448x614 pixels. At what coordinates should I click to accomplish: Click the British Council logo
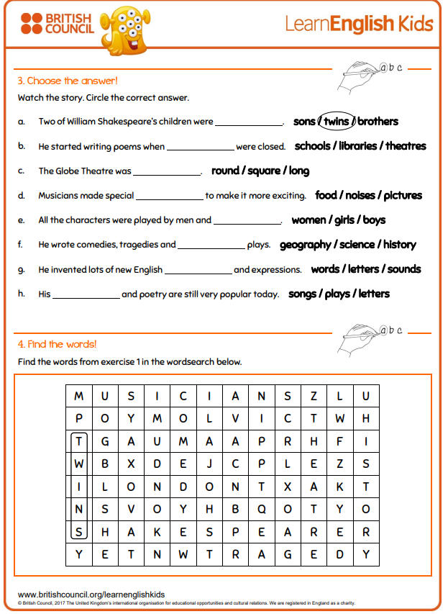(x=57, y=23)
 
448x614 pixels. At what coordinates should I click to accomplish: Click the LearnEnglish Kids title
(x=359, y=24)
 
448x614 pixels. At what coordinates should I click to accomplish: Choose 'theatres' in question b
(x=406, y=146)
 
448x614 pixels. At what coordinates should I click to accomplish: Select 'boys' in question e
(x=374, y=220)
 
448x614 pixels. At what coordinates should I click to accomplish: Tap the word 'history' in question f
(x=400, y=245)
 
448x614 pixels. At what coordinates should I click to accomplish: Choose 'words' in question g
(x=326, y=269)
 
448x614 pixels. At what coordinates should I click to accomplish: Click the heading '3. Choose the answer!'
(x=68, y=81)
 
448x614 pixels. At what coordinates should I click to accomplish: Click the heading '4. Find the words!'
(x=58, y=344)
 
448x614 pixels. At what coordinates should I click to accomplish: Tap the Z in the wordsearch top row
(x=314, y=396)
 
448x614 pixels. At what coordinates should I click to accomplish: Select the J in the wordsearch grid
(x=209, y=464)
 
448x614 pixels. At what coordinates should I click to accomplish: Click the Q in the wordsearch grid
(x=262, y=510)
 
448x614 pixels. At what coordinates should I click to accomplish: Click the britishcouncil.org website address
(x=91, y=594)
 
